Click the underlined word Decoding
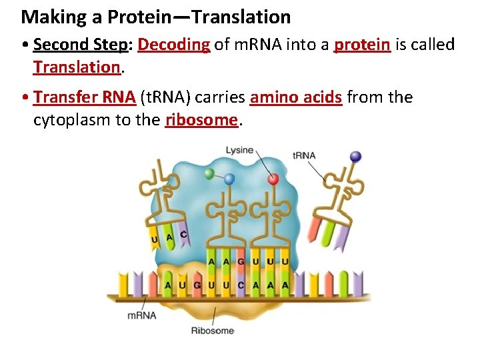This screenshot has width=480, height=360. click(174, 45)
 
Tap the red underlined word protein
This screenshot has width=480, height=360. click(362, 45)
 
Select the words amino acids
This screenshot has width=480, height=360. click(296, 98)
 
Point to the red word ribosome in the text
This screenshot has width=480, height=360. click(201, 120)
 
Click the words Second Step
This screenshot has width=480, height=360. click(79, 45)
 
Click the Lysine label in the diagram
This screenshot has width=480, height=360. click(239, 150)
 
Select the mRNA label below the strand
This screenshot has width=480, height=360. click(141, 315)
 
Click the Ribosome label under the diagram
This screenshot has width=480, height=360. click(213, 330)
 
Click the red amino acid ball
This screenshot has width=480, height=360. click(273, 179)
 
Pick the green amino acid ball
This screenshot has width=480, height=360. click(209, 173)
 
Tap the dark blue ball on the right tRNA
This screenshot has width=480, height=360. click(355, 157)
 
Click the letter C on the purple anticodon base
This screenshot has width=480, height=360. click(183, 235)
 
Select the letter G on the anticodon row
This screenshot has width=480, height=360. click(241, 262)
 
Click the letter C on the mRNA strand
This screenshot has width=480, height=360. click(241, 285)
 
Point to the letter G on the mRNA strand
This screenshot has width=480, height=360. click(197, 285)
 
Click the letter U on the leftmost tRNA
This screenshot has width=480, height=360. click(155, 238)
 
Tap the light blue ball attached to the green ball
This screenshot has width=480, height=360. click(229, 179)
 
